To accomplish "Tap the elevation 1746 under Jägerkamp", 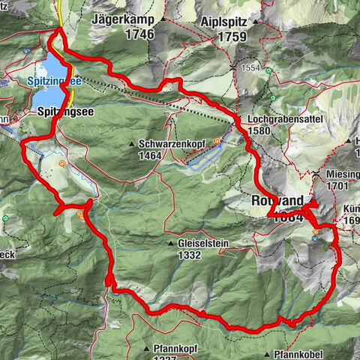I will tap(139, 34).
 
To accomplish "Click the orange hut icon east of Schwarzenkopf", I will tap(217, 140).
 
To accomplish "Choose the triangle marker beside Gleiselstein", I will tap(171, 244).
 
